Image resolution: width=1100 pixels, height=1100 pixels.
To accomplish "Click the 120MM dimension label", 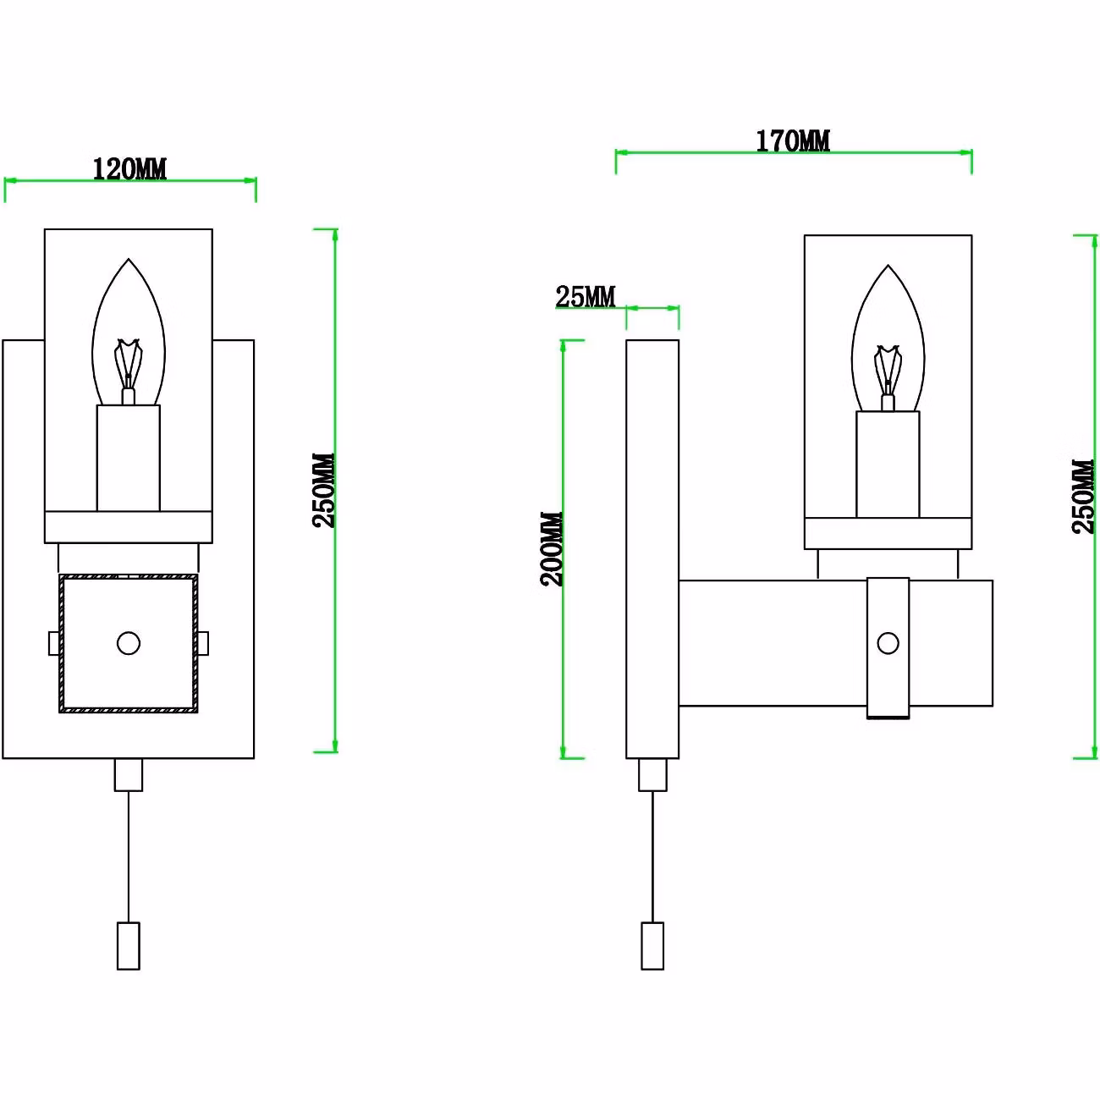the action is coord(129,169).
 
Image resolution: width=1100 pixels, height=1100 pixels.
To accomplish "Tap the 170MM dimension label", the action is coord(793,141).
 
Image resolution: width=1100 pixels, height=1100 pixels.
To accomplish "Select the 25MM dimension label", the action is coord(586,297).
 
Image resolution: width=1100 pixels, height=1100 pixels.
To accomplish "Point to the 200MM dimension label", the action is coord(552,548).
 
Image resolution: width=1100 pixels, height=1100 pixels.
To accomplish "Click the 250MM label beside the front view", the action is coord(324,491).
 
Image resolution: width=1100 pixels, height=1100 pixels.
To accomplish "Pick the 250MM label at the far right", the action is coord(1083,497).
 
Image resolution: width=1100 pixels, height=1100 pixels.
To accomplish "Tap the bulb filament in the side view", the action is coord(888,371).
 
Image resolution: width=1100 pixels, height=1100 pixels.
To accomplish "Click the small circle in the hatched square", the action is coord(129,643).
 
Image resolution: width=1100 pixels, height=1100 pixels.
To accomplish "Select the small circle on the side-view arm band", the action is coord(888,643).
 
